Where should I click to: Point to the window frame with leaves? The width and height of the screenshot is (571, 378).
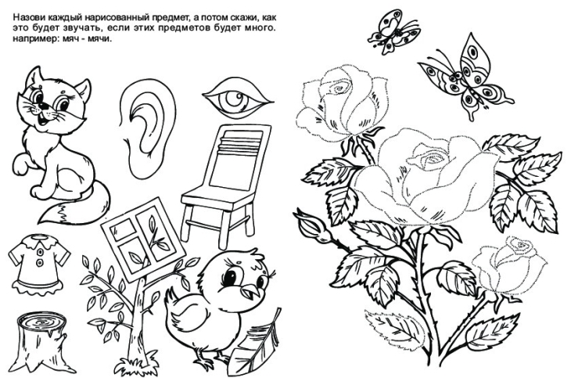[x=143, y=239]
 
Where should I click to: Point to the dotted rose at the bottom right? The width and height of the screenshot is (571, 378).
[x=508, y=265]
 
